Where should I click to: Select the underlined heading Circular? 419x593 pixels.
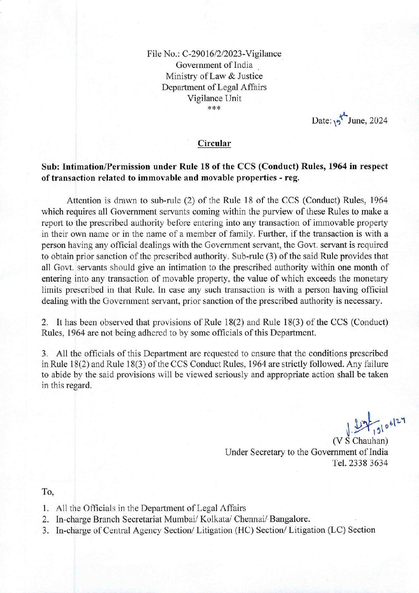(x=214, y=144)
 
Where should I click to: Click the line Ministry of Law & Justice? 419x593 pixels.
(x=214, y=76)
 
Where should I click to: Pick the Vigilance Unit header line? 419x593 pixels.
(x=214, y=98)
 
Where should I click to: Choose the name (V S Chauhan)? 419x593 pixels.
(x=360, y=441)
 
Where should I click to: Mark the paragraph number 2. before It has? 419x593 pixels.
(x=45, y=322)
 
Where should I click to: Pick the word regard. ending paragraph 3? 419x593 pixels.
(x=79, y=386)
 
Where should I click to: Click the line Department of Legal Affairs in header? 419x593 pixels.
(x=214, y=87)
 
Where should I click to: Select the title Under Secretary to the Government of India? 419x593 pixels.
(x=306, y=452)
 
